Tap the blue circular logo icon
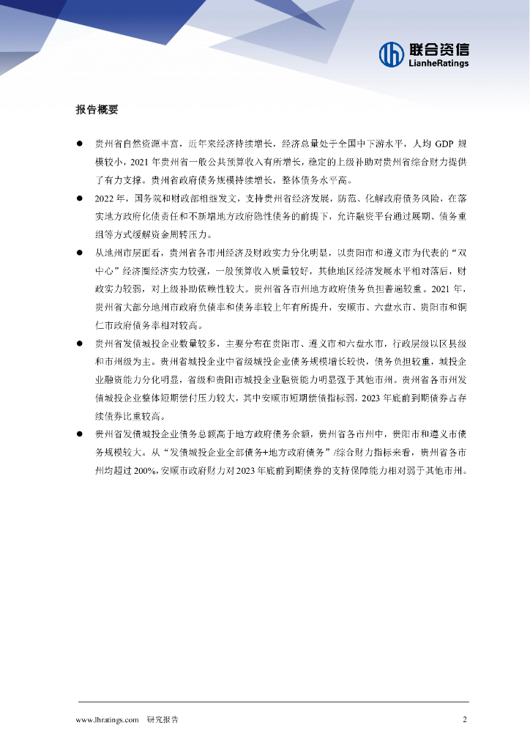[391, 53]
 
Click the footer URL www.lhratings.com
[108, 720]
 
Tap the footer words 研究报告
[163, 720]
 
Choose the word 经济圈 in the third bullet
[145, 271]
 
